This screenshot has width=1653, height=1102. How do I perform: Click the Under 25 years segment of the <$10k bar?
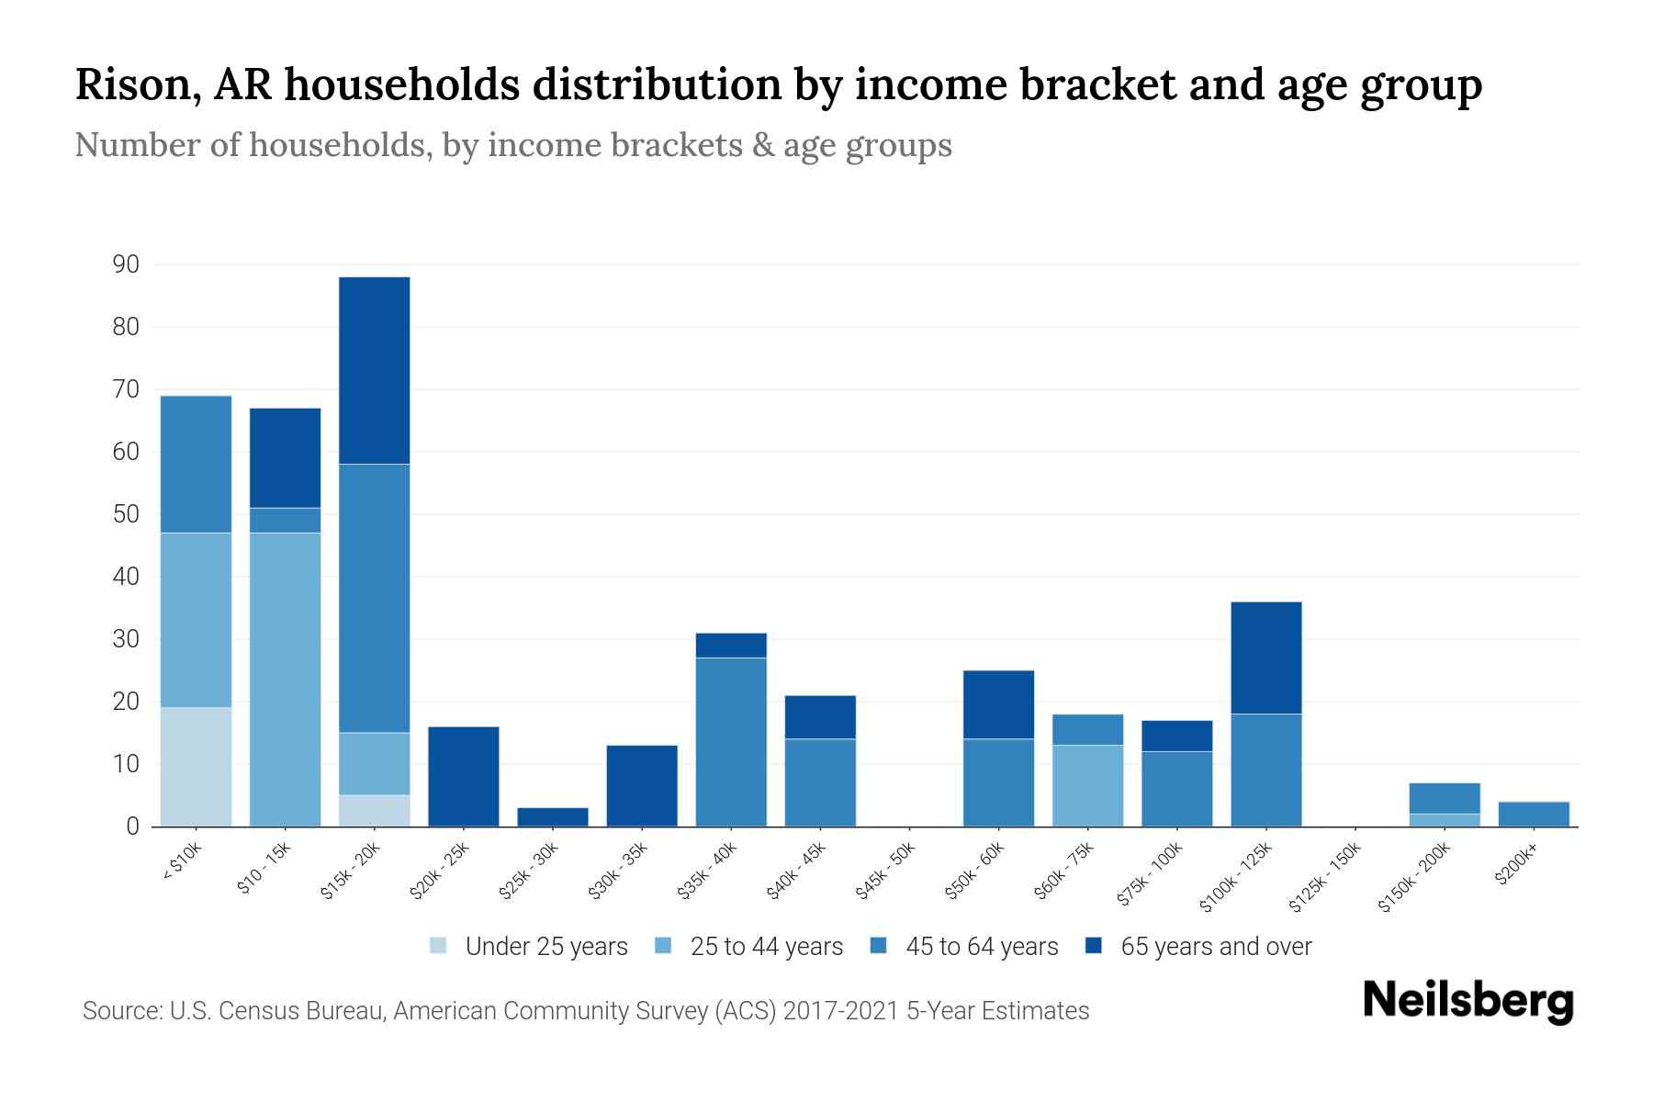[196, 767]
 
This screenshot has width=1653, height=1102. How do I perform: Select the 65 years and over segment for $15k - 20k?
[374, 370]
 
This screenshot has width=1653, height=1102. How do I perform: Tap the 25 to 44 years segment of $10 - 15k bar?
[285, 680]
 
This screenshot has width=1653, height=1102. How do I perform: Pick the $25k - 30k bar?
[552, 816]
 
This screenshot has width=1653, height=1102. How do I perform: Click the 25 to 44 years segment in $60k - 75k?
[1087, 785]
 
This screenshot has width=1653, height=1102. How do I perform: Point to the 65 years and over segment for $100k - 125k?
[1265, 658]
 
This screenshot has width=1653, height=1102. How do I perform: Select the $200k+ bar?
[1533, 814]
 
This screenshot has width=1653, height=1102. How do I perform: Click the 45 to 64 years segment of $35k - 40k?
[731, 742]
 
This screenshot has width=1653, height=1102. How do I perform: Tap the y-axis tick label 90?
[126, 265]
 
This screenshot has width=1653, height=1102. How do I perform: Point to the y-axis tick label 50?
[126, 514]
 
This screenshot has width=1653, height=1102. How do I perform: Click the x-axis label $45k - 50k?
[885, 871]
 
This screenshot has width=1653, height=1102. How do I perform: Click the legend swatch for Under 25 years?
[438, 946]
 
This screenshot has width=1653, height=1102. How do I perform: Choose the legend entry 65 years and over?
[1215, 947]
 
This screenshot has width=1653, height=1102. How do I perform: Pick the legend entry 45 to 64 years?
[981, 947]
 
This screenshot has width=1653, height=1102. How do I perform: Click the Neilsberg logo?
[1467, 1001]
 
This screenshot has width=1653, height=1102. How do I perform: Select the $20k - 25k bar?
[463, 777]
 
